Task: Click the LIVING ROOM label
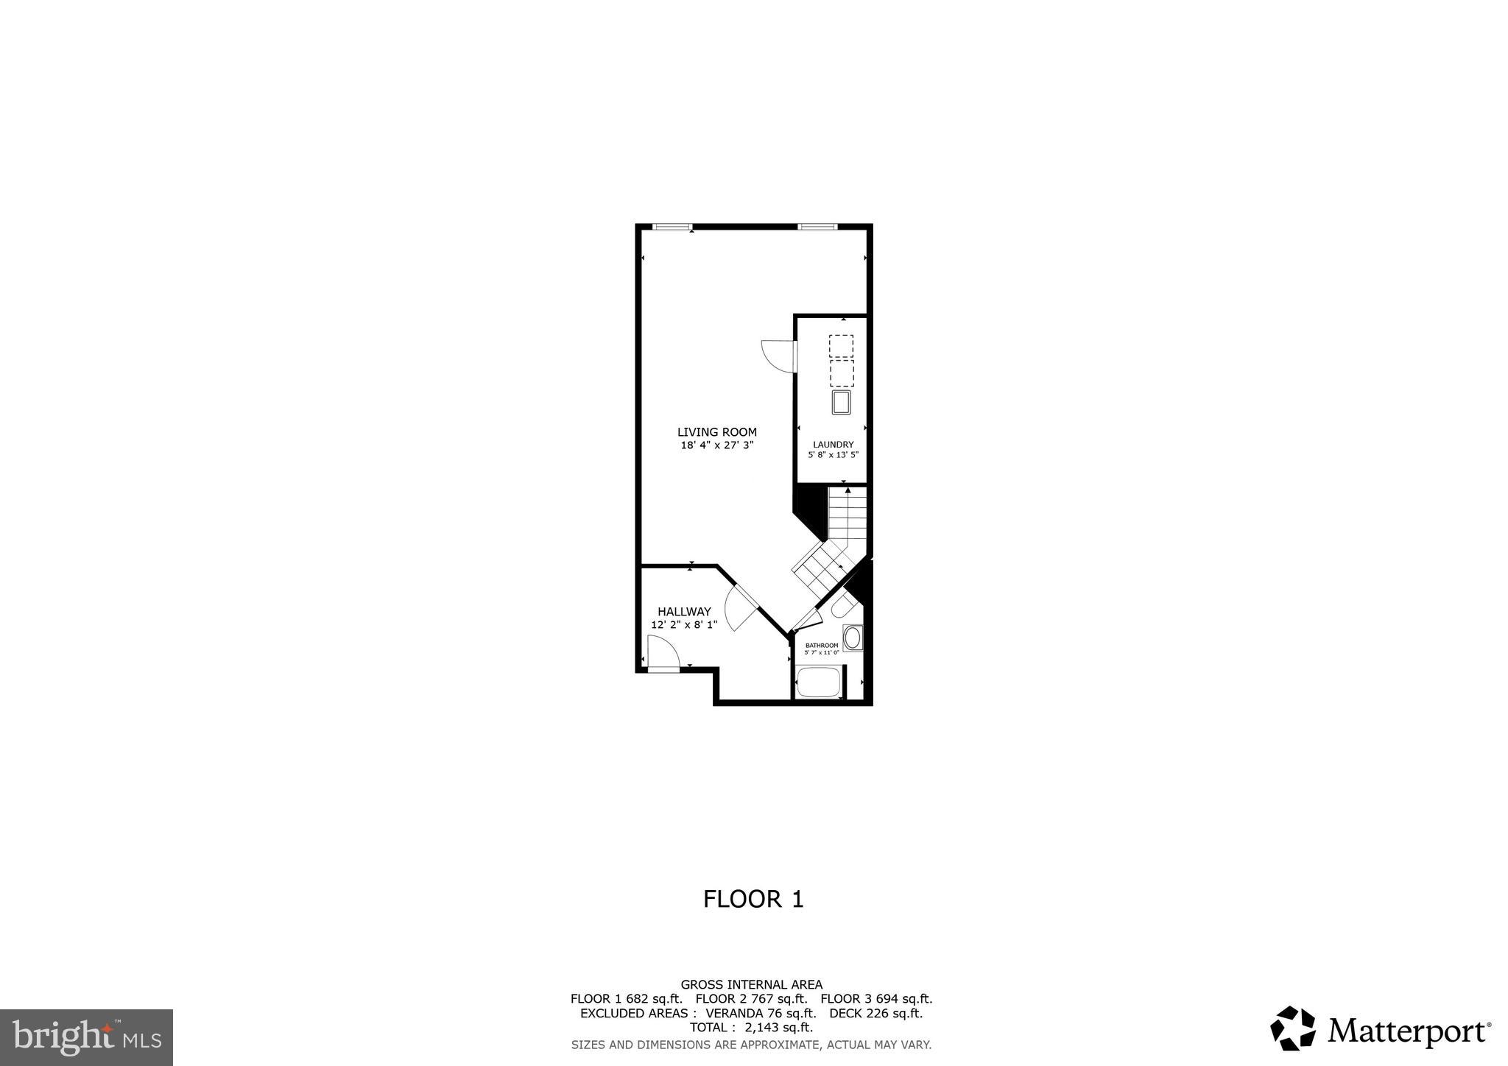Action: [716, 432]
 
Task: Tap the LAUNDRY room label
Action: [833, 445]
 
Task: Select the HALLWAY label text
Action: [684, 612]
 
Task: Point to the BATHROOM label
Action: [822, 646]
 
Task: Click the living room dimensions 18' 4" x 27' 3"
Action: [716, 445]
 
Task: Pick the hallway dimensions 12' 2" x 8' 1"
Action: [684, 625]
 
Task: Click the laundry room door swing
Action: [778, 357]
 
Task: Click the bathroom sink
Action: [853, 638]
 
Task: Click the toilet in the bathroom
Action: [844, 607]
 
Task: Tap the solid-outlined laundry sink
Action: [841, 403]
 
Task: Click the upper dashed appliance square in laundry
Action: [841, 347]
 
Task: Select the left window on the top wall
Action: [672, 227]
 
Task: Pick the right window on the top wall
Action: [817, 227]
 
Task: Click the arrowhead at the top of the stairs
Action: [848, 490]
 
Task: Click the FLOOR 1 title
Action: [753, 900]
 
